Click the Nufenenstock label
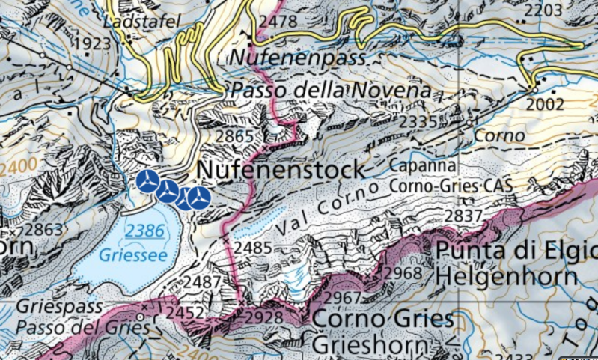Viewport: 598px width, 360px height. click(x=281, y=170)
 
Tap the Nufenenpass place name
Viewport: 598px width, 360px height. click(x=297, y=57)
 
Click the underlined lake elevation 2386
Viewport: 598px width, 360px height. click(x=144, y=231)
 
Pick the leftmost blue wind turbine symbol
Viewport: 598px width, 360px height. click(x=148, y=180)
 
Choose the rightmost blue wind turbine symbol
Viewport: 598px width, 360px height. click(x=198, y=198)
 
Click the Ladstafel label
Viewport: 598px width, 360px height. click(x=141, y=22)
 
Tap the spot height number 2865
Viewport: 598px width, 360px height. click(x=234, y=136)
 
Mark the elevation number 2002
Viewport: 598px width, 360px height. click(x=545, y=104)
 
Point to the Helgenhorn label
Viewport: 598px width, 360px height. click(x=505, y=275)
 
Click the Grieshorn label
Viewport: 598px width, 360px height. click(x=372, y=346)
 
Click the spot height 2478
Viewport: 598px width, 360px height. click(x=276, y=22)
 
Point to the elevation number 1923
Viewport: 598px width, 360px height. click(x=93, y=44)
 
